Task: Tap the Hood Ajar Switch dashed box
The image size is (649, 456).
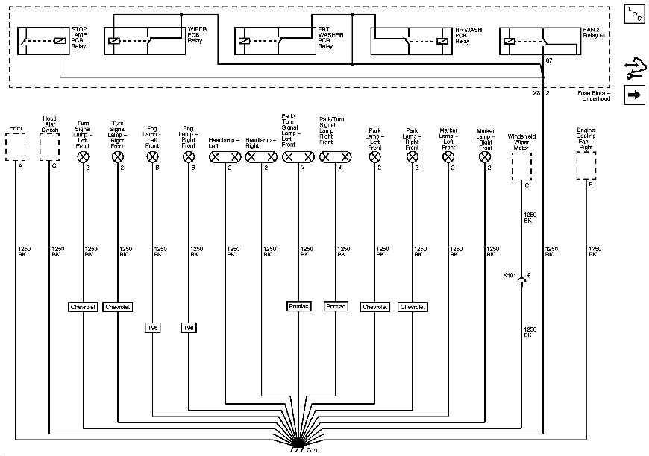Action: tap(49, 148)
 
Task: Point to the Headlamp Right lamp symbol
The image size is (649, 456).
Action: tap(261, 157)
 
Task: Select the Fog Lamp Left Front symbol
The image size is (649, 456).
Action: tap(153, 157)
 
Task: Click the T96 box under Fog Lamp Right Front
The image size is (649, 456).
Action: tap(189, 327)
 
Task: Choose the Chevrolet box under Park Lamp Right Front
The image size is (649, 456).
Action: tap(413, 306)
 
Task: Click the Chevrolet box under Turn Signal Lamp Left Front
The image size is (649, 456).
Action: tap(83, 306)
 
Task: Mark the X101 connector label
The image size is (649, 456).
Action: tap(510, 276)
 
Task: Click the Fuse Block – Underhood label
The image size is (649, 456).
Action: tap(595, 95)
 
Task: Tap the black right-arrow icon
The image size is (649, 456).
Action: tap(634, 95)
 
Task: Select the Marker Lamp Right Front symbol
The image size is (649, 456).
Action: tap(486, 157)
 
